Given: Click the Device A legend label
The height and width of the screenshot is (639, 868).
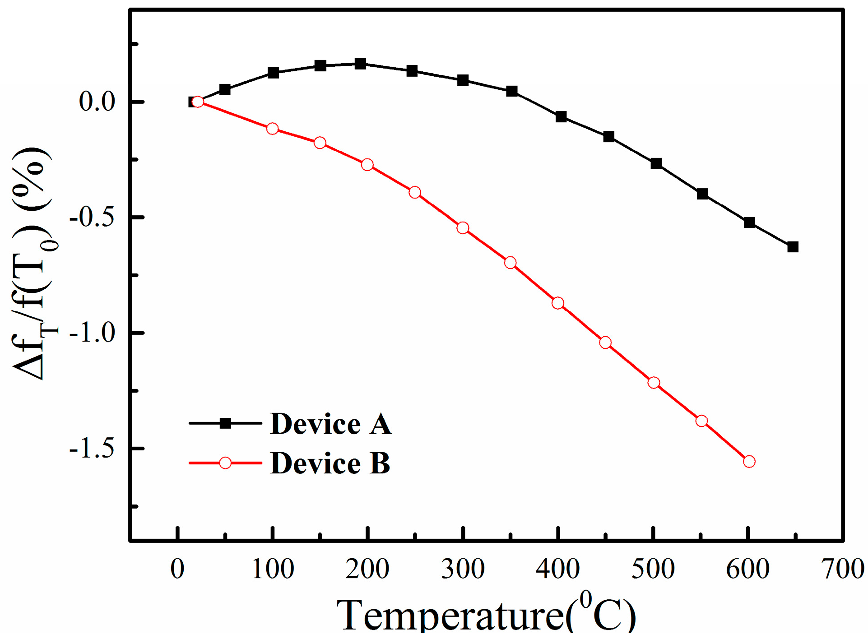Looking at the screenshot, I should pyautogui.click(x=330, y=424).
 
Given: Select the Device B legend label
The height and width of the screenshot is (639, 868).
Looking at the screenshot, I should pyautogui.click(x=330, y=463).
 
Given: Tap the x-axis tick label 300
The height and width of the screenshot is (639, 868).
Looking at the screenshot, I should pyautogui.click(x=463, y=569).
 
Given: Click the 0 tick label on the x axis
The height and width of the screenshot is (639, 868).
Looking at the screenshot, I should pyautogui.click(x=177, y=569).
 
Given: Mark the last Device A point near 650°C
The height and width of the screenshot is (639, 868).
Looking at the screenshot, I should pyautogui.click(x=793, y=247).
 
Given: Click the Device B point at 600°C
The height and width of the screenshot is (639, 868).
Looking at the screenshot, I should pyautogui.click(x=749, y=462).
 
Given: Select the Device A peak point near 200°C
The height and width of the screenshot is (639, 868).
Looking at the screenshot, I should pyautogui.click(x=360, y=64).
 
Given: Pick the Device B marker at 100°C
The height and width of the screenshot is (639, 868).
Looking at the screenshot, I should pyautogui.click(x=272, y=129).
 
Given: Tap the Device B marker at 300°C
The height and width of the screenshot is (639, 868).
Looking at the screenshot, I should pyautogui.click(x=463, y=228).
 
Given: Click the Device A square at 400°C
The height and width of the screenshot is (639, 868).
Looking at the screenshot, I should pyautogui.click(x=561, y=117).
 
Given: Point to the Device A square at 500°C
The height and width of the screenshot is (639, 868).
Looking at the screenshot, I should pyautogui.click(x=656, y=163).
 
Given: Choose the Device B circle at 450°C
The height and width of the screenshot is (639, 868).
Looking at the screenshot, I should pyautogui.click(x=605, y=343).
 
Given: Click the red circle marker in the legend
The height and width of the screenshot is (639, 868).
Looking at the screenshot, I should pyautogui.click(x=225, y=463).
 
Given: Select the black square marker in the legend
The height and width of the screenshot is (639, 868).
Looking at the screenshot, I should pyautogui.click(x=225, y=423).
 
